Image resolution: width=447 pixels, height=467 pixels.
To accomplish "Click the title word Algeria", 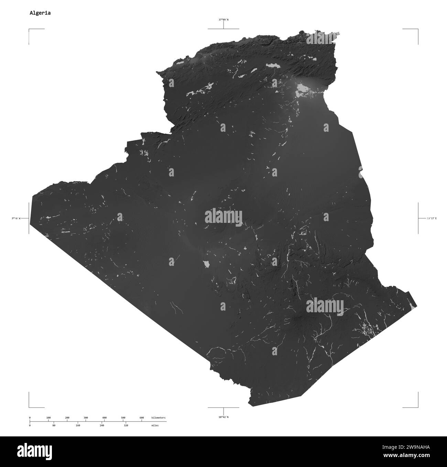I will [40, 13].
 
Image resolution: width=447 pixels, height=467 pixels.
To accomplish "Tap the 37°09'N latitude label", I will [223, 20].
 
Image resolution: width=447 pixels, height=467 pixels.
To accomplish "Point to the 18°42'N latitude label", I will [223, 417].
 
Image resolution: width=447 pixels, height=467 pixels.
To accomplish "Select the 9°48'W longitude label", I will [16, 218].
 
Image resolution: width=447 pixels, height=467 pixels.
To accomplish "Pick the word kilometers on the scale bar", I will [158, 417].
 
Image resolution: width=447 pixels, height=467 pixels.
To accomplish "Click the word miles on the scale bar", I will [155, 425].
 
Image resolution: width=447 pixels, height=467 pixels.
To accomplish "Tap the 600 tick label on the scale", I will [142, 417].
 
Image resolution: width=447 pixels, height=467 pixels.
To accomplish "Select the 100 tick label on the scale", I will [48, 417].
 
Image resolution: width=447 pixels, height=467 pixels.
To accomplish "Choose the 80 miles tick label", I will [54, 425].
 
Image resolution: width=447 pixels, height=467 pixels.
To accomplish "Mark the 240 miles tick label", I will [102, 425].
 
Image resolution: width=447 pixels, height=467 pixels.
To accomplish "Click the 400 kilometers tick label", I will [105, 417].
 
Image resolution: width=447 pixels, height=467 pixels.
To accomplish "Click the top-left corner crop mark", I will [29, 30].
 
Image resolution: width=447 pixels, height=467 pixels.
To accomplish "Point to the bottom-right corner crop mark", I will [418, 407].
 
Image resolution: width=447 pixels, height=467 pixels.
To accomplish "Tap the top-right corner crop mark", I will [418, 30].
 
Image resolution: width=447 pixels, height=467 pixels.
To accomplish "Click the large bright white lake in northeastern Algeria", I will [302, 88].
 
